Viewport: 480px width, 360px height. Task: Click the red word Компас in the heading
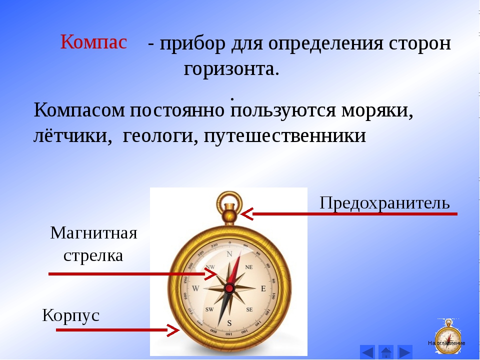tap(93, 41)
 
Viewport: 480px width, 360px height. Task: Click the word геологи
tap(157, 135)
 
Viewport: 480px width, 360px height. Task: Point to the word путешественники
tap(284, 135)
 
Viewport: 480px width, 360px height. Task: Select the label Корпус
tap(70, 315)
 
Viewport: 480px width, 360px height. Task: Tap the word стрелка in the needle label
tap(93, 255)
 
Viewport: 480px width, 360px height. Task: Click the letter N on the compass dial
tap(229, 254)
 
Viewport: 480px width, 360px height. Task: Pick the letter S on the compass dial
tap(229, 323)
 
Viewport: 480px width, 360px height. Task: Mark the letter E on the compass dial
tap(263, 288)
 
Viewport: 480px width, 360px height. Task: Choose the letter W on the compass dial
tap(195, 288)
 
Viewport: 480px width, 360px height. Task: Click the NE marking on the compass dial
tap(249, 267)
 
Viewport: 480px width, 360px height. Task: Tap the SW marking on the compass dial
tap(209, 309)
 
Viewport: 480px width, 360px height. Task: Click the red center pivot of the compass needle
tap(229, 288)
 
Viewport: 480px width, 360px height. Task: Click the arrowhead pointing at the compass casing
tap(173, 330)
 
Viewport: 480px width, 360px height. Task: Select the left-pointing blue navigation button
tap(367, 352)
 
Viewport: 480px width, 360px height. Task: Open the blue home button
tap(386, 352)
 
